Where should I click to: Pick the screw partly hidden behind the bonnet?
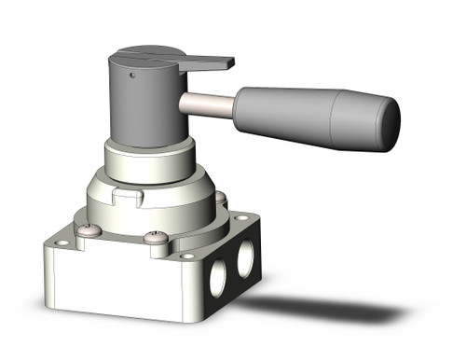[x=220, y=198]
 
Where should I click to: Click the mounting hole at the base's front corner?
[x=187, y=256]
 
